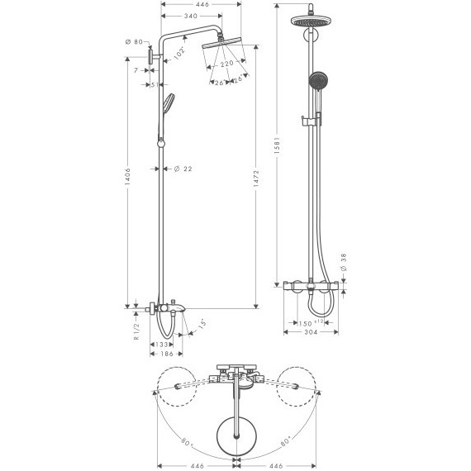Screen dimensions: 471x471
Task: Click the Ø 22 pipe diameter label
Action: point(183,169)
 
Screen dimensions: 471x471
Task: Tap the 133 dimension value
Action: point(164,344)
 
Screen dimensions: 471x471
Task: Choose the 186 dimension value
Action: point(166,354)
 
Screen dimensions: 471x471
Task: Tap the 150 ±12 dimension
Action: point(309,323)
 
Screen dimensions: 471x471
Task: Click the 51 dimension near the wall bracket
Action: point(155,84)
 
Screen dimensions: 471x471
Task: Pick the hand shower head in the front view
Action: point(315,81)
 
